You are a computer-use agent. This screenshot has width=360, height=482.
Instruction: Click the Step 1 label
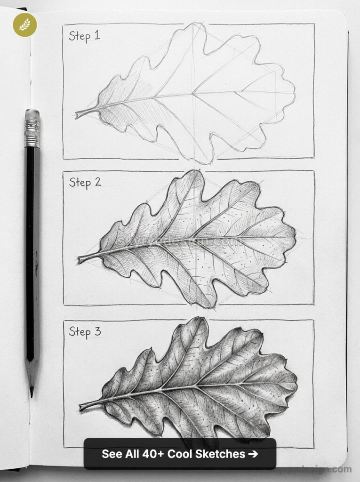(84, 36)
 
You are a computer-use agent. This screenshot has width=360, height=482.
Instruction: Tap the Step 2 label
(85, 182)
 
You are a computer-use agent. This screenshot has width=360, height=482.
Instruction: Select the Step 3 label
(85, 331)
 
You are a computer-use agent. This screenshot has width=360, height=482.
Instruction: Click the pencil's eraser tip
(32, 114)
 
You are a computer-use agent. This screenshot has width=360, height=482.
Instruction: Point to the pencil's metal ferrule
(32, 133)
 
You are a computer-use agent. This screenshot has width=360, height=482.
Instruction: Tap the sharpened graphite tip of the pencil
(32, 392)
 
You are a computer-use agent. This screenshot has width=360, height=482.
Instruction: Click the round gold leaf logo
(24, 24)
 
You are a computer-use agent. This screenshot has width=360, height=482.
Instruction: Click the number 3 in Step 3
(97, 331)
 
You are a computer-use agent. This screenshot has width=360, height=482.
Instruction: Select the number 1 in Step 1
(97, 35)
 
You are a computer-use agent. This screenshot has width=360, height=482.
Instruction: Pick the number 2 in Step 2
(97, 182)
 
